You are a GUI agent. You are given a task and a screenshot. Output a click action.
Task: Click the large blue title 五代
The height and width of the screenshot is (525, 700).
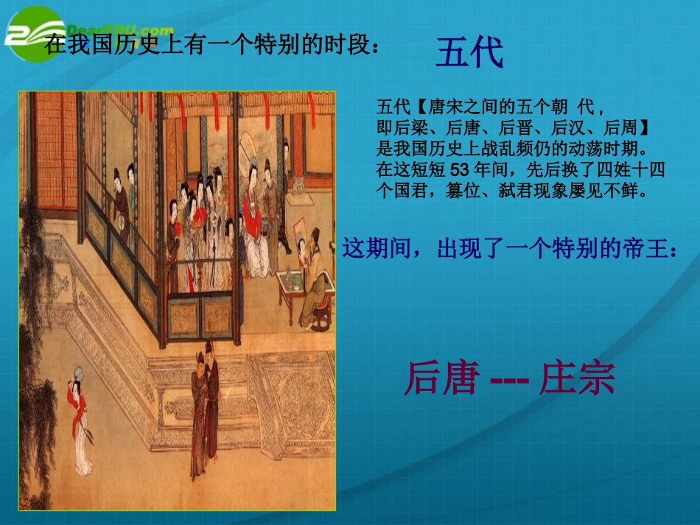point(469,52)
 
